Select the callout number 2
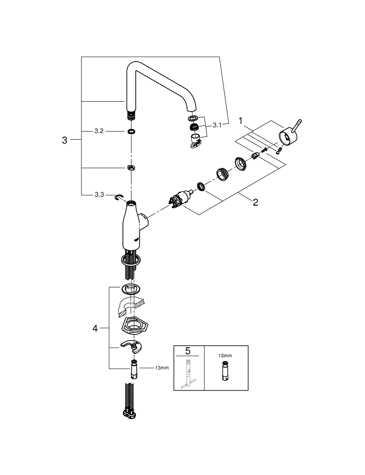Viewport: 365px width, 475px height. [255, 202]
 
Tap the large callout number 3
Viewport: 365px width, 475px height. [65, 140]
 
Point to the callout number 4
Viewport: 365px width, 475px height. [95, 328]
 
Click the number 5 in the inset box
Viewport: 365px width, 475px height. [187, 351]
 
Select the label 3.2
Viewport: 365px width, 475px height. [99, 131]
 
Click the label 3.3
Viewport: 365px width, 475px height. [99, 195]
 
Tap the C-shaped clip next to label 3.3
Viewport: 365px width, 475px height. [119, 197]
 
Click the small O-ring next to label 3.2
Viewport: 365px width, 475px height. [131, 131]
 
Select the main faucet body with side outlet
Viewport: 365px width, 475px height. [131, 226]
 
